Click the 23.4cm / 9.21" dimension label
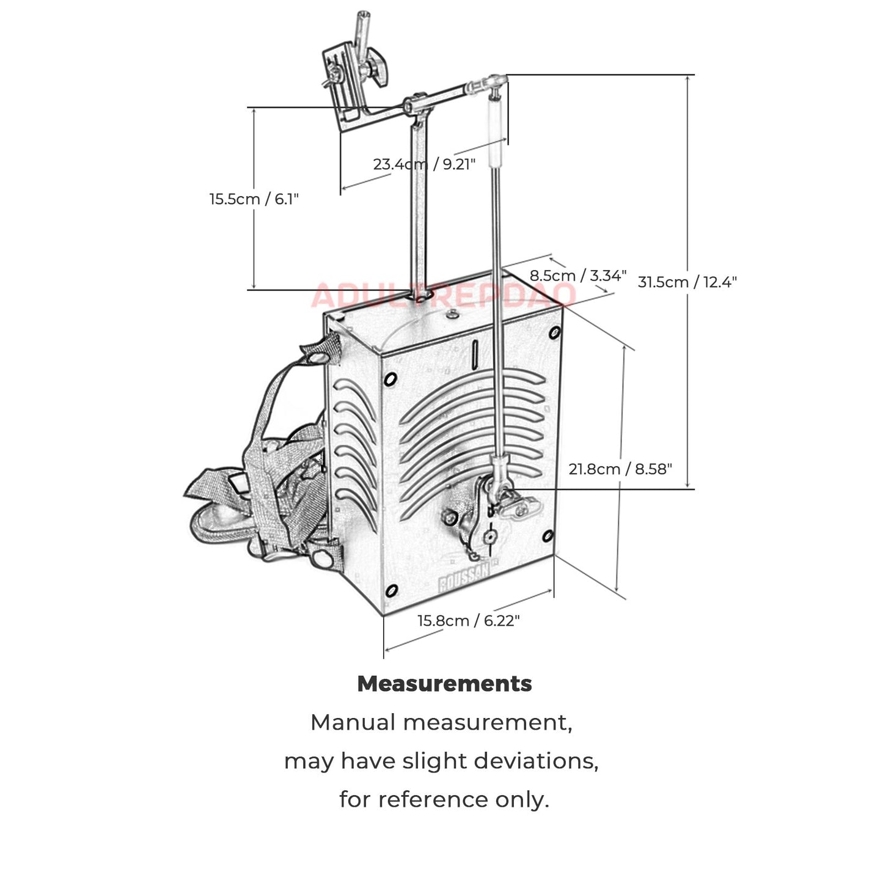pos(424,164)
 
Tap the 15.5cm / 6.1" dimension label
pos(254,199)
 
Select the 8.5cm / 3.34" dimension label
pos(577,276)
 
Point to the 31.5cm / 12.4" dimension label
pos(687,282)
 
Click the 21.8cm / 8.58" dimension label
pos(620,469)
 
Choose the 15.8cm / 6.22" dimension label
pos(469,621)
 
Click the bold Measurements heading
pos(444,683)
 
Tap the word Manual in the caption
pos(353,722)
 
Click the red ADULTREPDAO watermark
pos(443,296)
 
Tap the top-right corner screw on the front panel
pos(555,333)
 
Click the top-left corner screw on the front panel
pos(390,379)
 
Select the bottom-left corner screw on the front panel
pos(392,591)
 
